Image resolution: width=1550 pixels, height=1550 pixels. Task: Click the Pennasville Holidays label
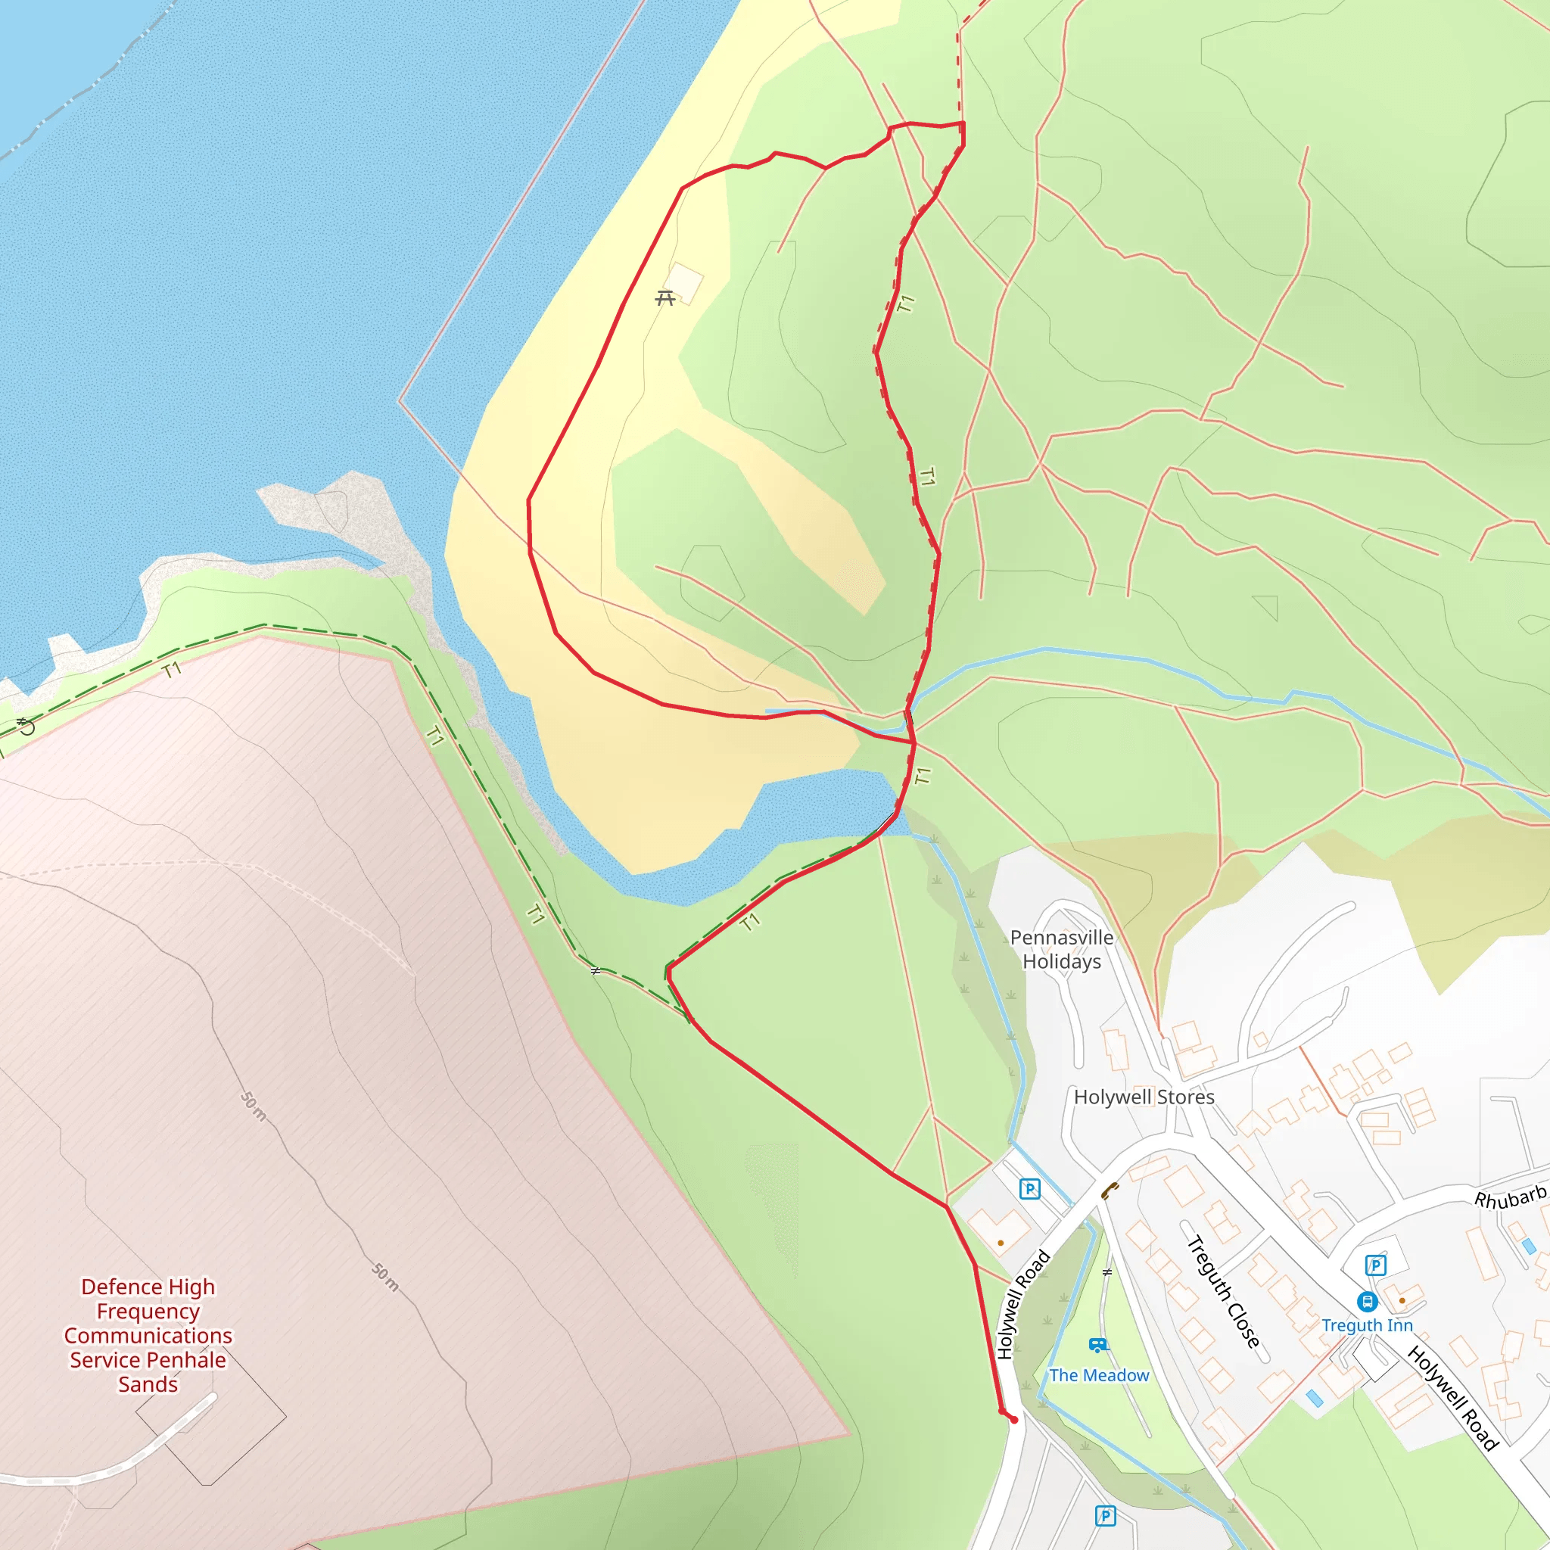click(1061, 949)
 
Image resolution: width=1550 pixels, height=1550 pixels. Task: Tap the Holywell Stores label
click(1144, 1097)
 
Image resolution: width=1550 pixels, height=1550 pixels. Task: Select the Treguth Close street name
click(1223, 1292)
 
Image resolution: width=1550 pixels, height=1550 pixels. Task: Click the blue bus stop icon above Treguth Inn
click(1367, 1301)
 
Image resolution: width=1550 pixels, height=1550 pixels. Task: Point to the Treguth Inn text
click(1367, 1325)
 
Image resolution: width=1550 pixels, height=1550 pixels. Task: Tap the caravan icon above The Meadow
click(1098, 1345)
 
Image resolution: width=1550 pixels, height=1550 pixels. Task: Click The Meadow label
click(1099, 1375)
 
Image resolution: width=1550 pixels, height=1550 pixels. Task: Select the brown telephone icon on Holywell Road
click(1110, 1190)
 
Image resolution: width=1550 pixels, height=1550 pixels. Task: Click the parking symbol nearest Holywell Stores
click(1029, 1189)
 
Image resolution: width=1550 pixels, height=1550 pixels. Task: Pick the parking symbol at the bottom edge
click(1105, 1515)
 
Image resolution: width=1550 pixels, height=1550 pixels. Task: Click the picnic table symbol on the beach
click(665, 298)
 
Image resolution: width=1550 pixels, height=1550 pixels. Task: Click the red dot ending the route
click(1014, 1420)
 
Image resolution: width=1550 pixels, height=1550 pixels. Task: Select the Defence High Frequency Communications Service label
click(148, 1335)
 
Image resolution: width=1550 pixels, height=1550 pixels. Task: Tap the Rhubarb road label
click(1510, 1199)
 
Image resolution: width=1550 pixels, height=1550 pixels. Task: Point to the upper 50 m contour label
click(254, 1106)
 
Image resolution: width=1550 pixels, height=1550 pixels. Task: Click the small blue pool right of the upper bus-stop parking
click(1528, 1246)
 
